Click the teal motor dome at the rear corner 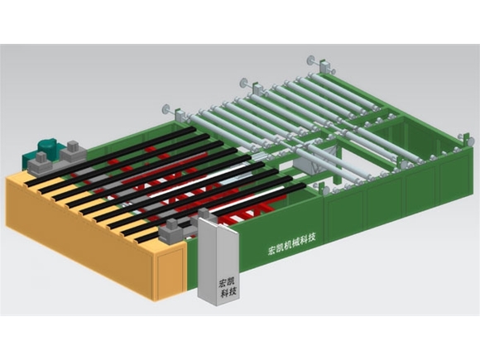click(47, 146)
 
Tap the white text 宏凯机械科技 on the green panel click(292, 244)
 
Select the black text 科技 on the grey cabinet click(228, 293)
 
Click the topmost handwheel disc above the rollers click(311, 60)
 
